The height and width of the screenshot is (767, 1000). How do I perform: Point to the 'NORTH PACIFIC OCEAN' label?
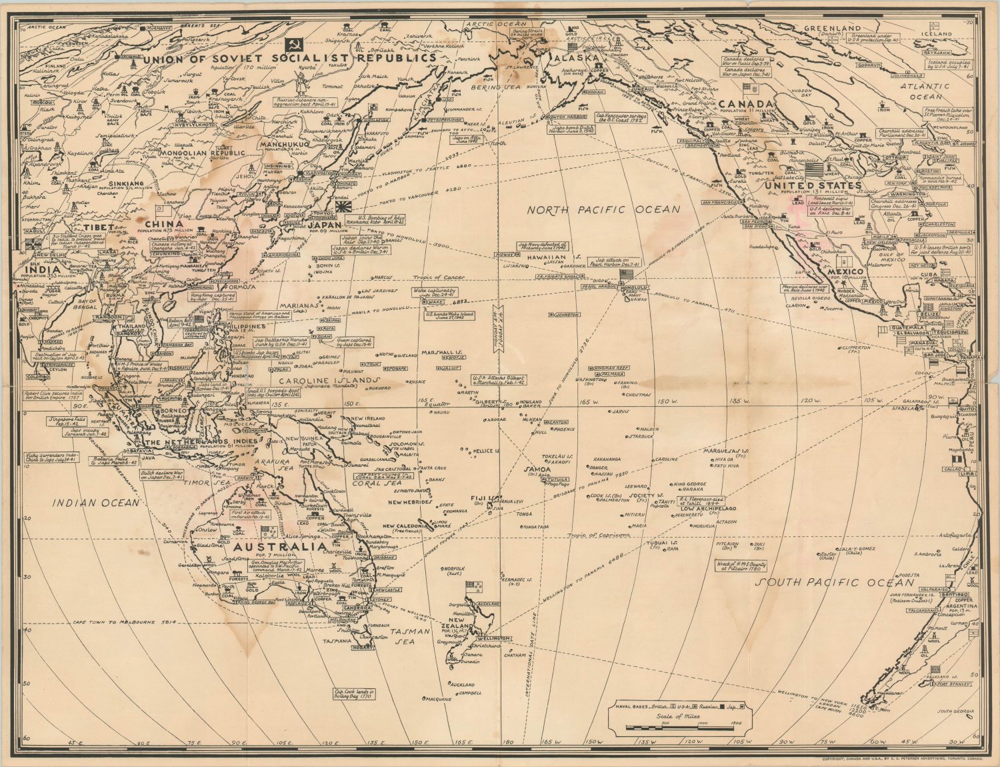click(x=604, y=209)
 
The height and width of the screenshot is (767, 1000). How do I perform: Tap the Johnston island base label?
click(x=565, y=314)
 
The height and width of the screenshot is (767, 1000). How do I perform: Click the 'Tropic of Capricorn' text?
click(x=599, y=535)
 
